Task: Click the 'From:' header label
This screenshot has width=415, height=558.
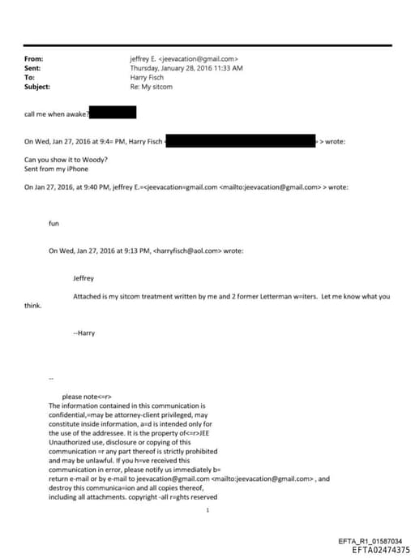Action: [x=33, y=59]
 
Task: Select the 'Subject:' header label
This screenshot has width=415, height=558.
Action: [x=37, y=87]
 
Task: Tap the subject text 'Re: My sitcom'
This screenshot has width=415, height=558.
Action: [x=151, y=87]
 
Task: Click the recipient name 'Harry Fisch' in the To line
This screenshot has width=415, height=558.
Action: [x=148, y=78]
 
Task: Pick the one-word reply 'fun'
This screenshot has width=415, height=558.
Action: [x=54, y=222]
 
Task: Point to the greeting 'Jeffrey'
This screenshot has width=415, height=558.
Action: [x=83, y=277]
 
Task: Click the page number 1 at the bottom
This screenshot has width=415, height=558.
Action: [x=208, y=510]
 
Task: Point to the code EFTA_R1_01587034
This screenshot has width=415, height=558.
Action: [x=369, y=541]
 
